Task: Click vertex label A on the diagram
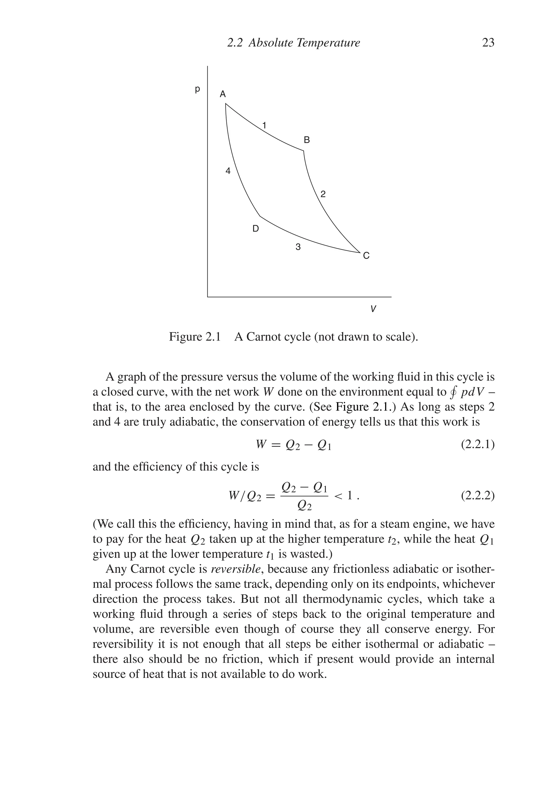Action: [222, 94]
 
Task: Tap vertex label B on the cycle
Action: [307, 140]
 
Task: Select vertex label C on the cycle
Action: [366, 256]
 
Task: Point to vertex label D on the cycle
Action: [255, 229]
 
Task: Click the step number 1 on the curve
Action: [264, 125]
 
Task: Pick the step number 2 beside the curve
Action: [323, 194]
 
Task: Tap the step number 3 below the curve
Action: [298, 247]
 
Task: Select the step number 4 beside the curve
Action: [228, 171]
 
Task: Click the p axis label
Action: [197, 89]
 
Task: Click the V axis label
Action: [373, 309]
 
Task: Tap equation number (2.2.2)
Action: [478, 495]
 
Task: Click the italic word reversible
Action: [236, 569]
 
